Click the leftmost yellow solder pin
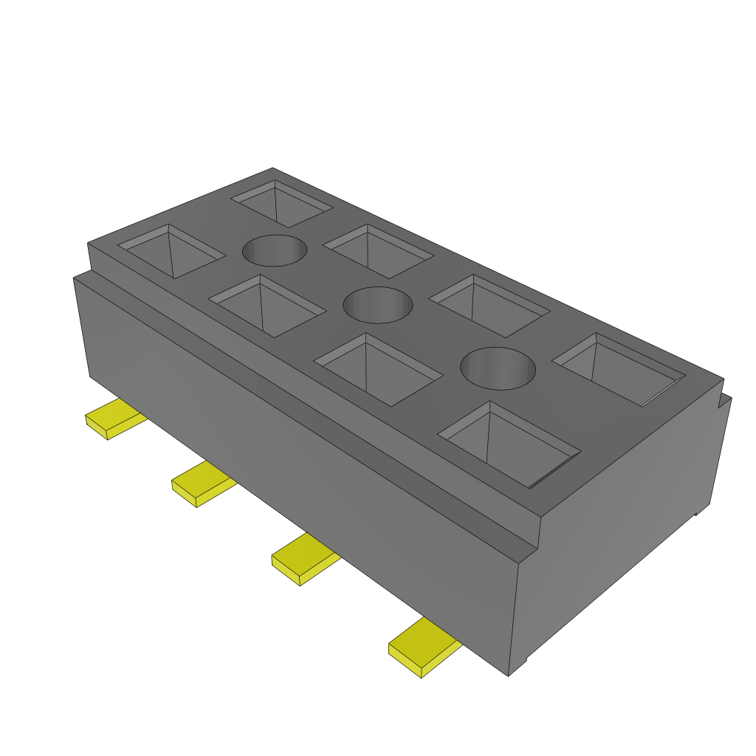[x=114, y=416]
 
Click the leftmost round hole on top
[x=275, y=250]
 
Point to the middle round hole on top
[x=379, y=305]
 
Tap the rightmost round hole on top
[x=498, y=368]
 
